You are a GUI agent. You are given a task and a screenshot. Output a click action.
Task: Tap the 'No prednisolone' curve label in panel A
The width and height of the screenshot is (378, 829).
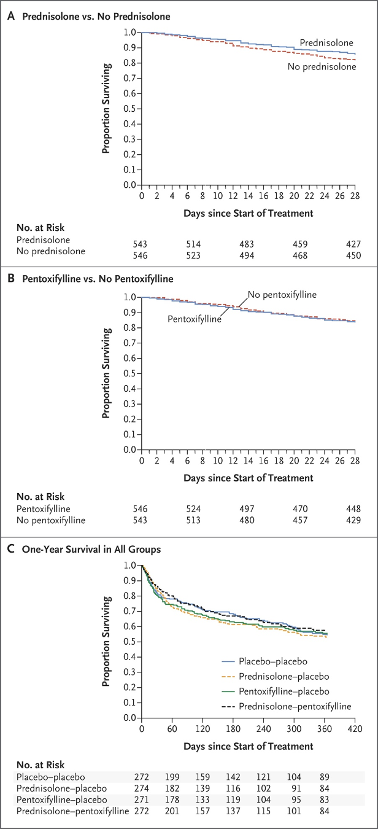pyautogui.click(x=322, y=66)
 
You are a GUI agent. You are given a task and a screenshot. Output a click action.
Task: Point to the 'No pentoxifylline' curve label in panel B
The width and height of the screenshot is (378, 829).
pyautogui.click(x=282, y=295)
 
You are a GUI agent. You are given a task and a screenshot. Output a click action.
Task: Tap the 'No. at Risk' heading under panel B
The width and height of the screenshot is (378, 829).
pyautogui.click(x=40, y=497)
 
